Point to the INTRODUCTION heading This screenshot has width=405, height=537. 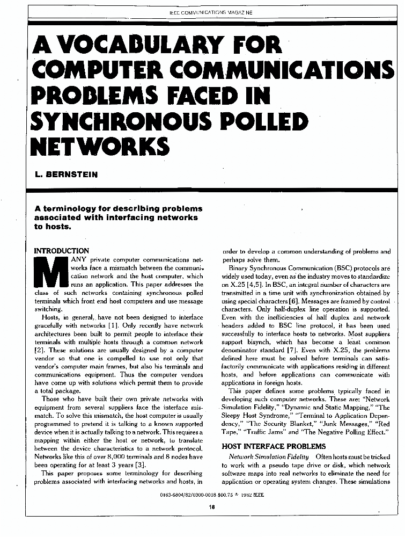pyautogui.click(x=62, y=251)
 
